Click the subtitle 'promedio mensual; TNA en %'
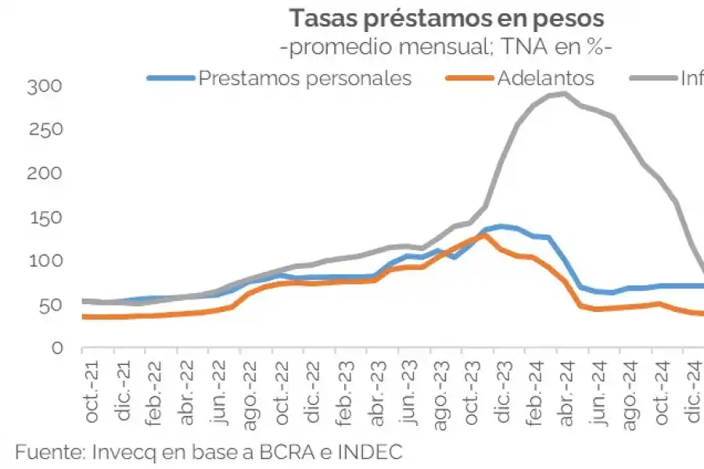point(447,48)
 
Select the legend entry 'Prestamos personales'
point(304,78)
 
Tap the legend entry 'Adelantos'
point(545,78)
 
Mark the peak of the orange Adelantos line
point(485,234)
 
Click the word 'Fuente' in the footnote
point(48,452)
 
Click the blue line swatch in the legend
point(170,78)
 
